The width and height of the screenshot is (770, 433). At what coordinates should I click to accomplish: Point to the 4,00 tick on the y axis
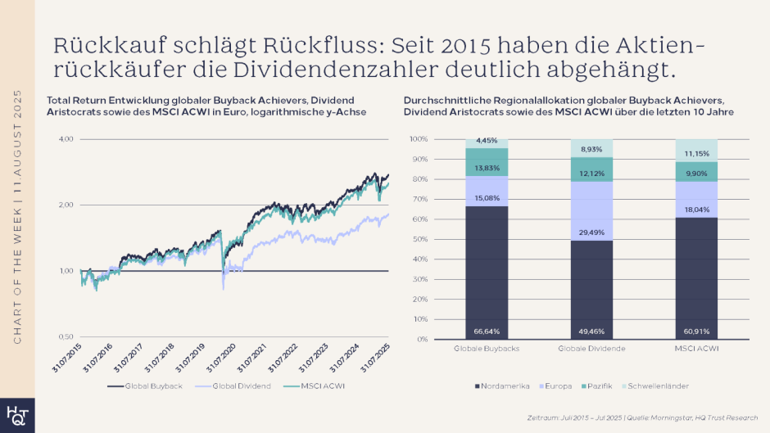click(65, 140)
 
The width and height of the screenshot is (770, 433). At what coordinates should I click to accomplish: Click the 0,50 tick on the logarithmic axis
click(65, 336)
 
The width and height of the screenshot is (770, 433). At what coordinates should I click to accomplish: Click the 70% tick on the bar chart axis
click(419, 199)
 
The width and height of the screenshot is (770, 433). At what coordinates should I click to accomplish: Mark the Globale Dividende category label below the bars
click(591, 350)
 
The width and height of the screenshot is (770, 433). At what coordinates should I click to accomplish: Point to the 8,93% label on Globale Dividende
click(591, 149)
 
